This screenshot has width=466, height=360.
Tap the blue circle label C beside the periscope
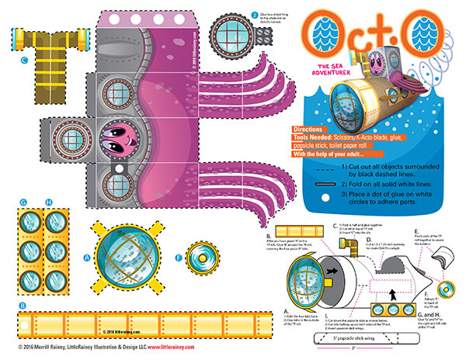25,59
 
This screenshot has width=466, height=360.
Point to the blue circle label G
24,203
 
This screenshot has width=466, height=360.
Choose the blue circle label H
48,203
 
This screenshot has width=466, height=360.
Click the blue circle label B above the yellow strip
23,306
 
